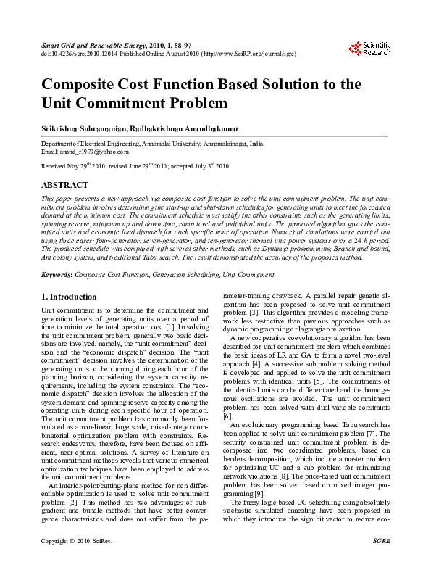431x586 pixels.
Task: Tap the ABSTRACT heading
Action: coord(65,186)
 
